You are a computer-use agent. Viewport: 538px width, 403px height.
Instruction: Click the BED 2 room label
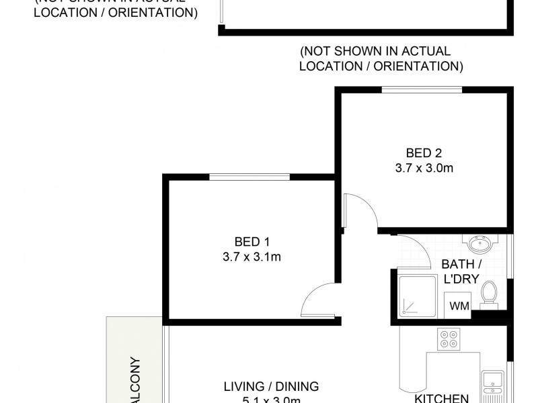pyautogui.click(x=424, y=152)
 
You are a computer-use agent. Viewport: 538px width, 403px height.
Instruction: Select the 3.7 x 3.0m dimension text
pyautogui.click(x=424, y=168)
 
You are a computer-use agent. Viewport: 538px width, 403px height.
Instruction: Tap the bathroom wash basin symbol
pyautogui.click(x=479, y=242)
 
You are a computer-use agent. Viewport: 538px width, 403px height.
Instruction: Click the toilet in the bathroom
pyautogui.click(x=490, y=293)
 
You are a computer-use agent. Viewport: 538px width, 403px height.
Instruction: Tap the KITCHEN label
pyautogui.click(x=441, y=398)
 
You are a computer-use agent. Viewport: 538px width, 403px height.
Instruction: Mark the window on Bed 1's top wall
pyautogui.click(x=249, y=177)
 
